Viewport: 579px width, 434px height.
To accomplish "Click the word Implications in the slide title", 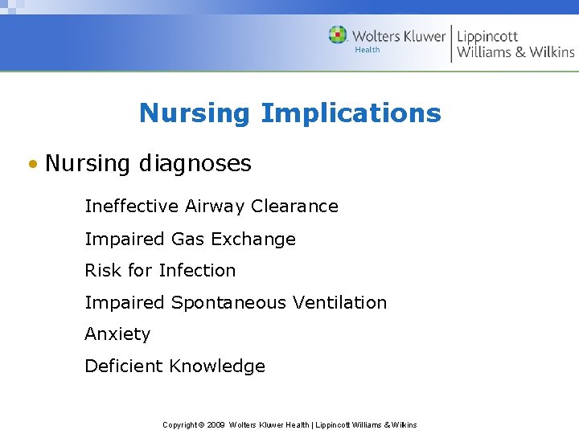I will click(351, 113).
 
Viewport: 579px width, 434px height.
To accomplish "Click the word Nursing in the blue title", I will click(195, 113).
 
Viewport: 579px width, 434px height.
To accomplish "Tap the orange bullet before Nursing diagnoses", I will click(31, 165).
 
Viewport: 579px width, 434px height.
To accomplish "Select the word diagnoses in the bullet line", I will click(195, 165).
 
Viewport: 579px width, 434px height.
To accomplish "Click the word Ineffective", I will click(132, 207).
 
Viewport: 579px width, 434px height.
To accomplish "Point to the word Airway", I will click(215, 207).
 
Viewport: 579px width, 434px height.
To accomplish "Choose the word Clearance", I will click(294, 207).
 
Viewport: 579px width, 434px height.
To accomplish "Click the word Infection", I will click(197, 271).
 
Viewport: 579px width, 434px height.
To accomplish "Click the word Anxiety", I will click(117, 334).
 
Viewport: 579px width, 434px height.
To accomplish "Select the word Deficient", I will click(124, 366).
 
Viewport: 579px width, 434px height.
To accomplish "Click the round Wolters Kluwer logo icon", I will click(338, 35).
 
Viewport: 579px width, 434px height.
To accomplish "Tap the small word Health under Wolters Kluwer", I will click(368, 50).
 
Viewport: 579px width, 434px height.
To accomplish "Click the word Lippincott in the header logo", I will click(488, 36).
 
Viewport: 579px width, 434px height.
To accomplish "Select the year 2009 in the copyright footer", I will click(215, 425).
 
